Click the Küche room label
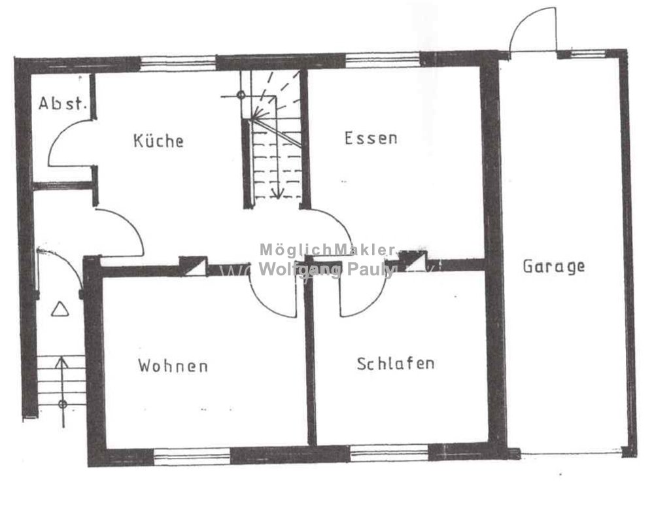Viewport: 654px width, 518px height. tap(158, 141)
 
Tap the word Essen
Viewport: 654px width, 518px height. tap(371, 139)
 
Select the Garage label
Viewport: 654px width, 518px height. tap(553, 266)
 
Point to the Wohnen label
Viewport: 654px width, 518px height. tap(173, 365)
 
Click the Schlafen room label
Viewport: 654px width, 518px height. tap(396, 363)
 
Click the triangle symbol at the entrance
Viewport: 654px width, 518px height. tap(60, 309)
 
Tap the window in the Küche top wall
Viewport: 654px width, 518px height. tap(179, 62)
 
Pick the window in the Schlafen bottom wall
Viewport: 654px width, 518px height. tap(389, 453)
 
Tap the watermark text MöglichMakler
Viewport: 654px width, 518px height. tap(328, 249)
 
